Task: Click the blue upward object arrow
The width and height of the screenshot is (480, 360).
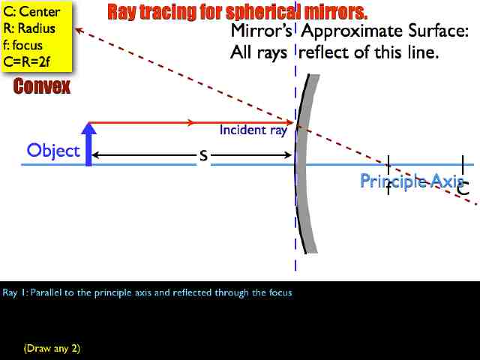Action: [x=89, y=144]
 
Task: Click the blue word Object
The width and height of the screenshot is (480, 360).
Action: [x=53, y=151]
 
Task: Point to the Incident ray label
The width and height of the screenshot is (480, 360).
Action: [x=253, y=130]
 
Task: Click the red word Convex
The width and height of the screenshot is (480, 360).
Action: [x=42, y=87]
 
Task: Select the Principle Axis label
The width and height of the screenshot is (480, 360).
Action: [x=411, y=181]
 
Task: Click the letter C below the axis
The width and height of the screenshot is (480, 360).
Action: [x=463, y=190]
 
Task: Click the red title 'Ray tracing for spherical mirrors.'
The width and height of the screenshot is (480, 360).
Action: [x=237, y=12]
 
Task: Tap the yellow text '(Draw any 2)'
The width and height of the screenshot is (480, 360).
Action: [x=52, y=348]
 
